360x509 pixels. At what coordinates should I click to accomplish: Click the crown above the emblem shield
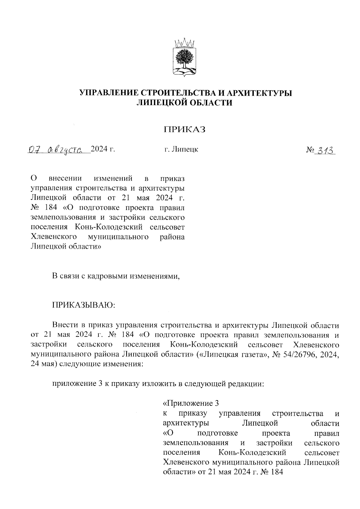(185, 42)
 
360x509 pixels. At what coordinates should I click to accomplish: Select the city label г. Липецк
(181, 149)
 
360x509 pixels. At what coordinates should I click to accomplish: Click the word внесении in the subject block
(65, 178)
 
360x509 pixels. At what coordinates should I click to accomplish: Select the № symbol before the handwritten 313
(311, 149)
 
